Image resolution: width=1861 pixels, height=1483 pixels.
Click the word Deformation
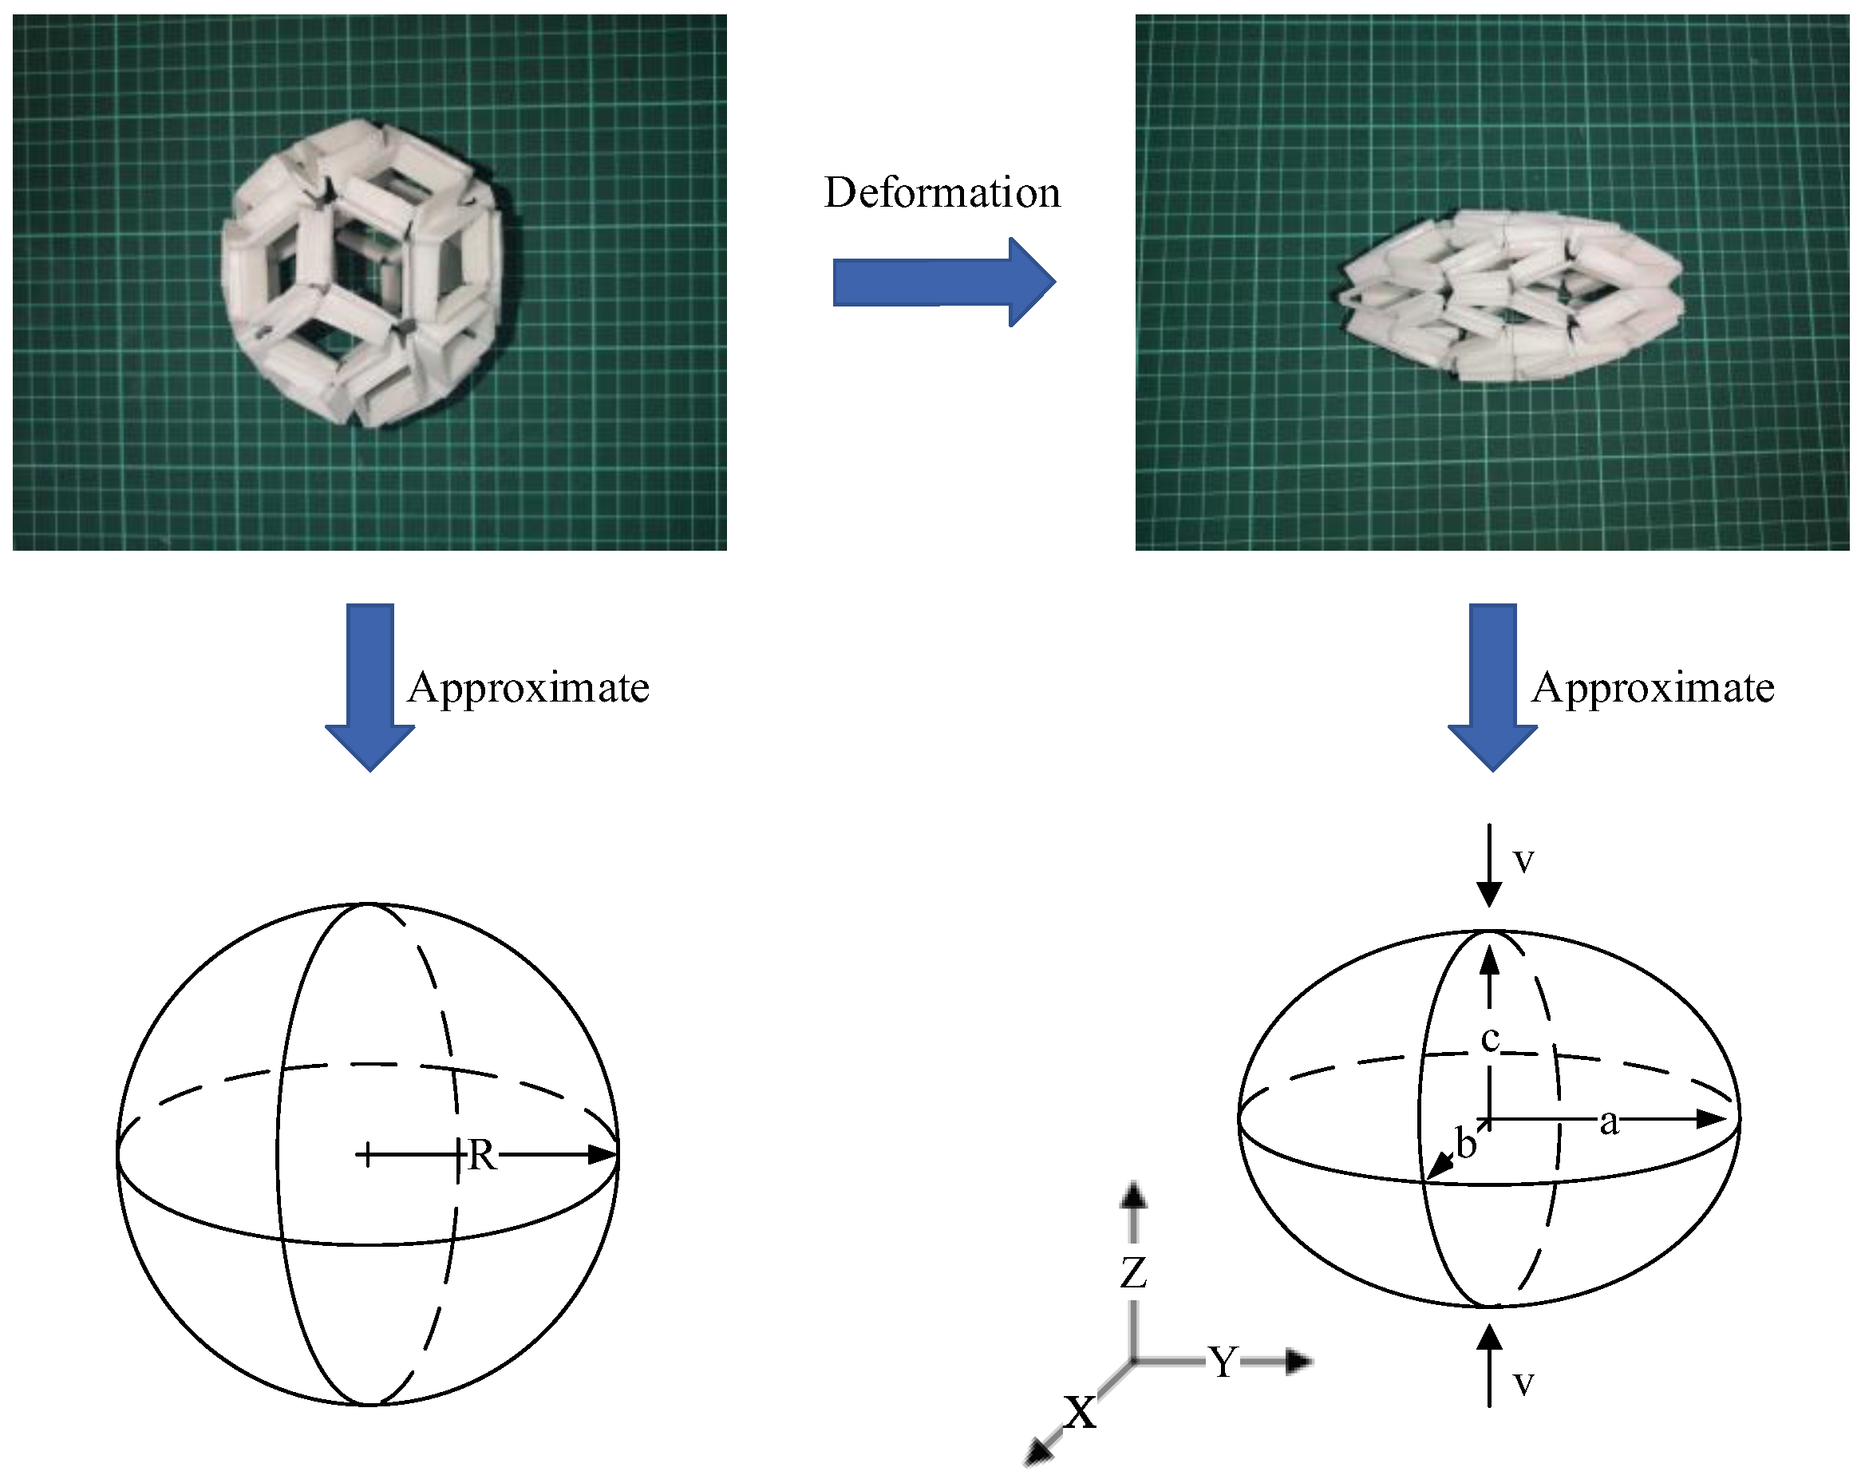(x=942, y=192)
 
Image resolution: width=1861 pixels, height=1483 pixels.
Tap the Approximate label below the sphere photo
(x=528, y=688)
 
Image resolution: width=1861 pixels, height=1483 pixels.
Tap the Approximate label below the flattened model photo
(x=1653, y=688)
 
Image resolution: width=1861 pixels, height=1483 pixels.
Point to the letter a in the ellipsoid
(x=1609, y=1122)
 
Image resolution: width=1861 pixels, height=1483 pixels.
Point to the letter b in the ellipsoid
(x=1466, y=1145)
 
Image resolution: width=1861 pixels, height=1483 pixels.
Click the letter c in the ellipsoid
(x=1490, y=1039)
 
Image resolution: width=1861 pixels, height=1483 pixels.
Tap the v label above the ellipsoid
(x=1523, y=860)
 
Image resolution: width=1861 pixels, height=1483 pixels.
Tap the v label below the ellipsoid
(x=1523, y=1383)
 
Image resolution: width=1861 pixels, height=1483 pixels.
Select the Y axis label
(x=1223, y=1363)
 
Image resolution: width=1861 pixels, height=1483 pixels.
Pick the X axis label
(x=1080, y=1413)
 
